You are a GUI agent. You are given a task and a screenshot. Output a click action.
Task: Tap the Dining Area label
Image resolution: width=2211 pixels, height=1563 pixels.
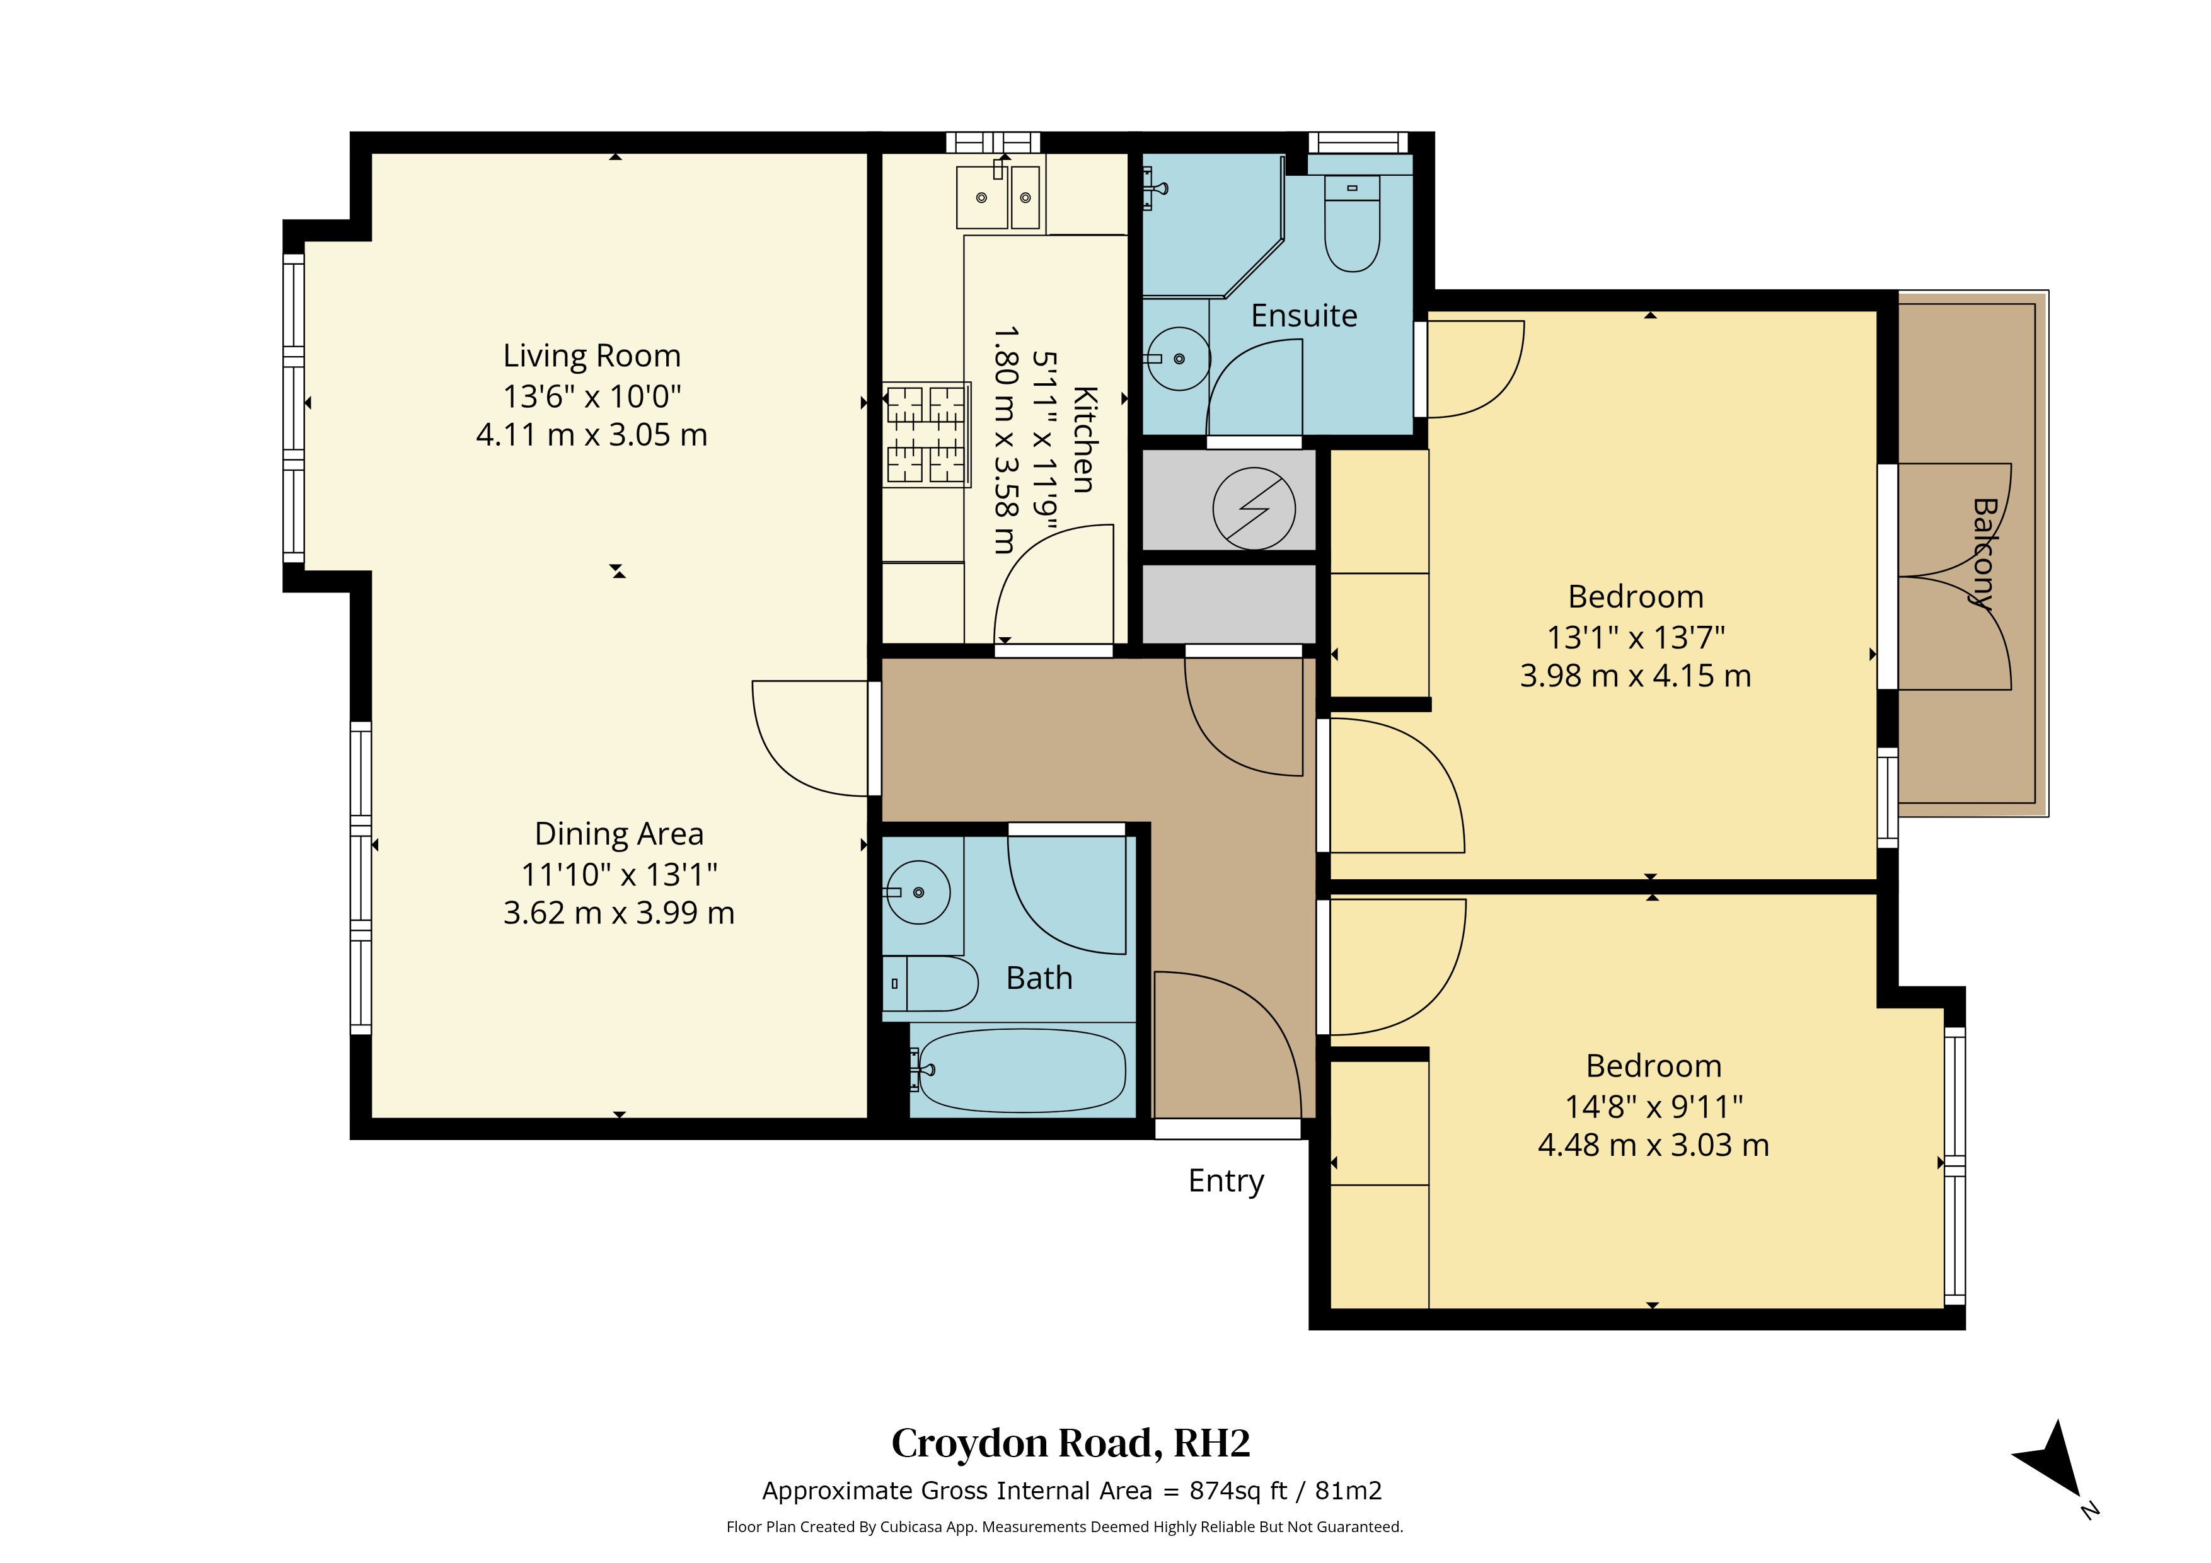[619, 833]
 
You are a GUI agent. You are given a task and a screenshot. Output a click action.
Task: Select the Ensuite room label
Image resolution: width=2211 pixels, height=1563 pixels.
[1304, 315]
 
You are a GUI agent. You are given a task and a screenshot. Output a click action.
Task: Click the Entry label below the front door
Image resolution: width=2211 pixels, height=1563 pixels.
[1226, 1180]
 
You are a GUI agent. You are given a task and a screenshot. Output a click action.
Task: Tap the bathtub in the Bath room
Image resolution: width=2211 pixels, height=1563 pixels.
[1023, 1070]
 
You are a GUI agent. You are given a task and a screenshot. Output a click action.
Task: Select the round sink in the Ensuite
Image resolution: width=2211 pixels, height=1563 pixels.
[1178, 358]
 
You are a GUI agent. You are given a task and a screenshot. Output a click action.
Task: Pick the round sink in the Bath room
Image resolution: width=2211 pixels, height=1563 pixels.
[918, 892]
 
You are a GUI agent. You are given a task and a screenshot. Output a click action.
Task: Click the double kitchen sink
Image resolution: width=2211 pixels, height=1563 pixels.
[998, 197]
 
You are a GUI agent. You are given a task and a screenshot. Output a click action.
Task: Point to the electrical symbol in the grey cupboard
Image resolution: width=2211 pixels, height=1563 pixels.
[1254, 507]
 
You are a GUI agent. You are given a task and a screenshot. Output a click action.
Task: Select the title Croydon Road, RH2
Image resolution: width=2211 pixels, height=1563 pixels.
[1071, 1443]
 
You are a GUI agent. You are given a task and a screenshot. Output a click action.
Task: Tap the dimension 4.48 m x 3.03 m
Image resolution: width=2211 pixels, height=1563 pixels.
[1653, 1145]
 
